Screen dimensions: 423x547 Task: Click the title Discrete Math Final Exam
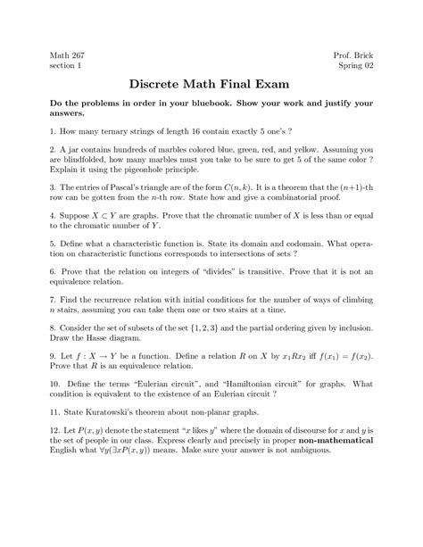211,87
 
